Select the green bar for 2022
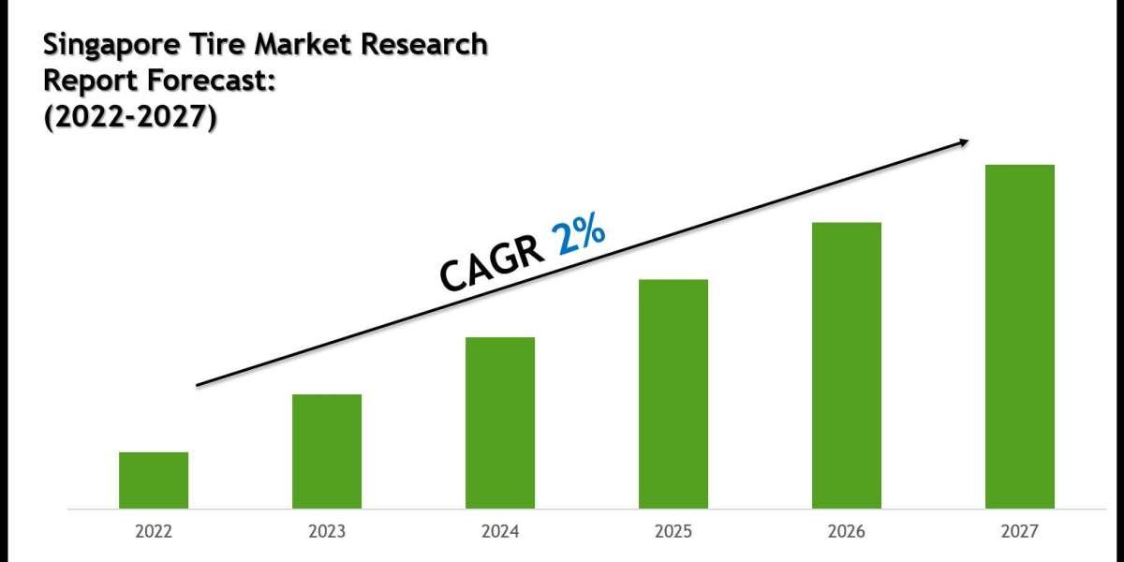[x=154, y=481]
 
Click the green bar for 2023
[x=327, y=451]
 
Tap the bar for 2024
[x=500, y=423]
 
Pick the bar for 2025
[x=673, y=394]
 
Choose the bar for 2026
[x=847, y=365]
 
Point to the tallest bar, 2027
[x=1020, y=337]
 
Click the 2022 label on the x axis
[x=154, y=532]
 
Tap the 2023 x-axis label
[x=327, y=532]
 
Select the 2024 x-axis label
[x=500, y=532]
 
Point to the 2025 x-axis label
[x=673, y=532]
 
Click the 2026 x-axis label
[x=847, y=532]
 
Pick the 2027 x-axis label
[x=1020, y=532]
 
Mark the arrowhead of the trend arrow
[x=962, y=142]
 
